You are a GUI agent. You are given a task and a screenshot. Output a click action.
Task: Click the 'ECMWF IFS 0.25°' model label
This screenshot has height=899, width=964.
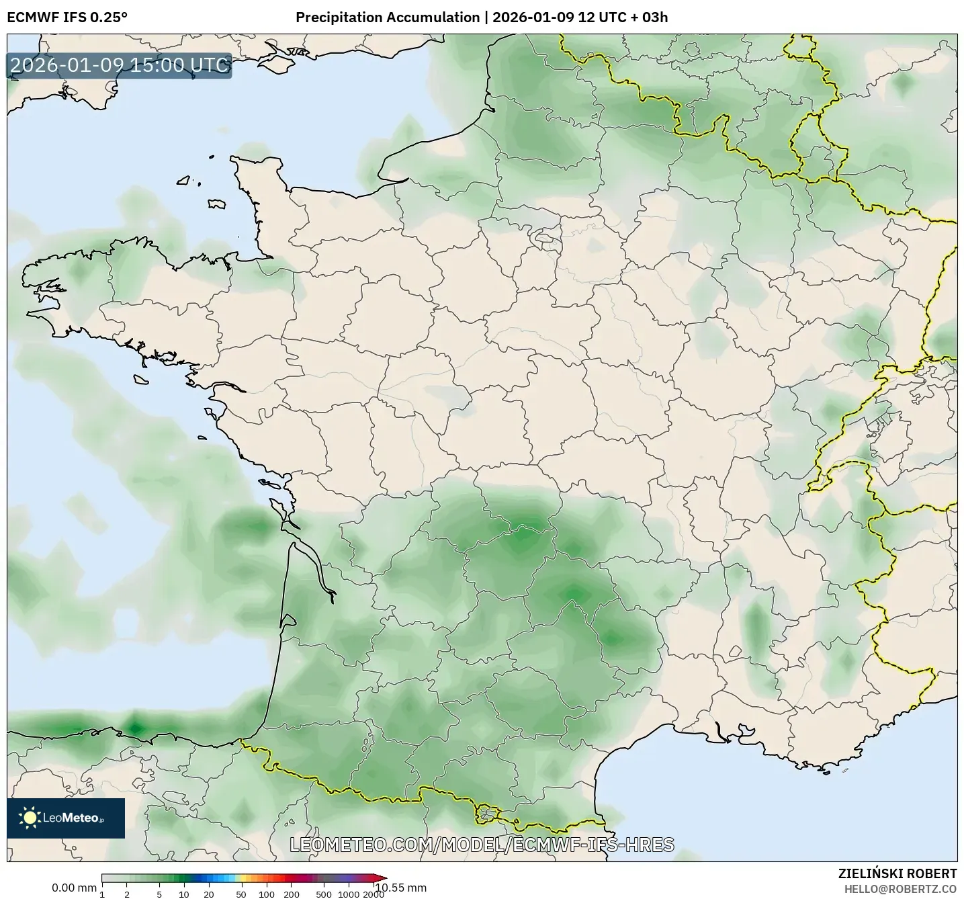(67, 17)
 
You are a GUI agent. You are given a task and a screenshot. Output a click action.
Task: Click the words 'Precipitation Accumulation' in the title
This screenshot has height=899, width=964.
(388, 17)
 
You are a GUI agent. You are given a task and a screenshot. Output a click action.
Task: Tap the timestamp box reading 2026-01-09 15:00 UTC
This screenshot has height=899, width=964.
(119, 66)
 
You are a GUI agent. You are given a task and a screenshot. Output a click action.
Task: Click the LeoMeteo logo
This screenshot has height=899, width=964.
(66, 818)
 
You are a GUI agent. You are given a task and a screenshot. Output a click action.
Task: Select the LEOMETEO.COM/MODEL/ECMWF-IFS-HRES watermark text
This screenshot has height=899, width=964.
(482, 845)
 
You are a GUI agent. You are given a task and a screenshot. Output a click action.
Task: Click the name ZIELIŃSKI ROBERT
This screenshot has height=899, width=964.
(897, 873)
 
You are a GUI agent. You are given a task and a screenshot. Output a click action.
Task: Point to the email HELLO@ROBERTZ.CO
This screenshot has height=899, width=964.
(900, 889)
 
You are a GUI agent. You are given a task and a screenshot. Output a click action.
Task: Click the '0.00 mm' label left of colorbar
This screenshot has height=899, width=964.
(74, 888)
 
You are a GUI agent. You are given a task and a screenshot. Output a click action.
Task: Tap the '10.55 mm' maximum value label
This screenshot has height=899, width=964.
(400, 888)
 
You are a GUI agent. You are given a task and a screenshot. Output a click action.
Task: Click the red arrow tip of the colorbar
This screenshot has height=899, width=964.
(382, 877)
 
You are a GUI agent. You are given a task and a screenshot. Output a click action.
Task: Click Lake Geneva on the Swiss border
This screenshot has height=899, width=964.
(850, 466)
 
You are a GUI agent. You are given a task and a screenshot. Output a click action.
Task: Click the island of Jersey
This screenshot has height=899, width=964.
(216, 204)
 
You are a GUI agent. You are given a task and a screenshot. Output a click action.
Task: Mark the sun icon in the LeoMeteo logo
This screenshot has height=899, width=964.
(30, 818)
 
